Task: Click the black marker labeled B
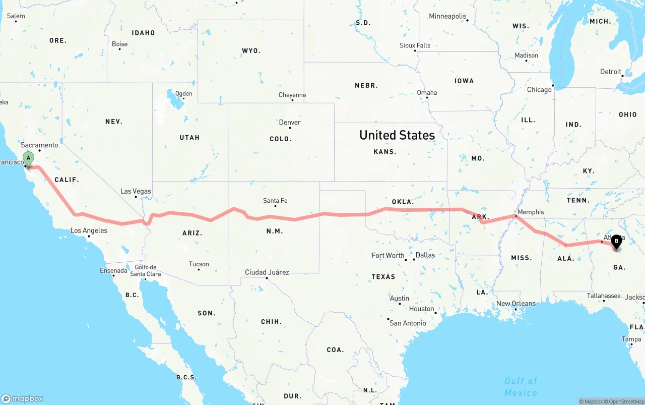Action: [616, 242]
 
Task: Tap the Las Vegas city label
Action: [136, 191]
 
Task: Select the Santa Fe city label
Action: [275, 201]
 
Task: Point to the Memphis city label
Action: [531, 212]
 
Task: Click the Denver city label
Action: [290, 122]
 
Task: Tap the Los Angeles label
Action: [89, 230]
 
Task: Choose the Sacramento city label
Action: [39, 145]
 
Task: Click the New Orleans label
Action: [516, 304]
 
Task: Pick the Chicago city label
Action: [539, 90]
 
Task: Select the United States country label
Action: [397, 135]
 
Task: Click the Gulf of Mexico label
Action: [521, 386]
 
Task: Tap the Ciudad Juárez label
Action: [267, 272]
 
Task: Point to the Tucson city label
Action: [199, 264]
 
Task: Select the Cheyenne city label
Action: [292, 95]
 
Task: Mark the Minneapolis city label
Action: [447, 16]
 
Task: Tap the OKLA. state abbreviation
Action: [403, 202]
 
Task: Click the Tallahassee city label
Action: [604, 296]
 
